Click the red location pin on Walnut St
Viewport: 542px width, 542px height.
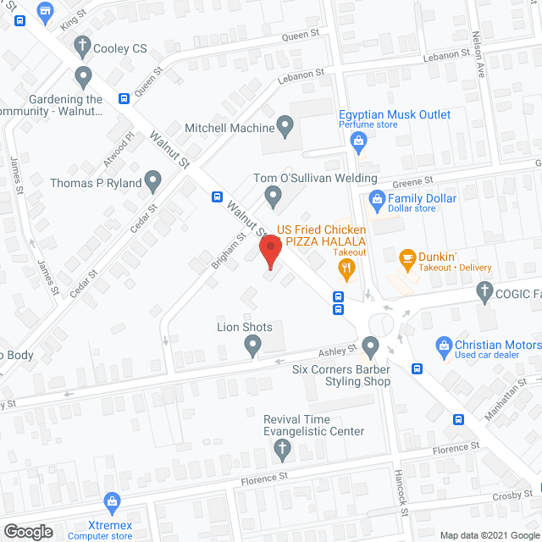coord(269,250)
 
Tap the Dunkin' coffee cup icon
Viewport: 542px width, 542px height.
coord(406,257)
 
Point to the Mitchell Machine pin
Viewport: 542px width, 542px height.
coord(285,128)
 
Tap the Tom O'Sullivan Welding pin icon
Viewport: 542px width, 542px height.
coord(273,197)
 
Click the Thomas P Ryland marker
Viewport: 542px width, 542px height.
coord(152,180)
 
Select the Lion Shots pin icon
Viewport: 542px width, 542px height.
coord(252,345)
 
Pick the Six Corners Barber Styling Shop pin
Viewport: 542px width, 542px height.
coord(370,346)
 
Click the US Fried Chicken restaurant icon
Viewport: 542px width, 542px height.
coord(346,270)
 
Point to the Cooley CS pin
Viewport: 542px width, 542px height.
coord(81,49)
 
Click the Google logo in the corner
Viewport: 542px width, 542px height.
coord(27,532)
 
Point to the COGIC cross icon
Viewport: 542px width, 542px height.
coord(484,294)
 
